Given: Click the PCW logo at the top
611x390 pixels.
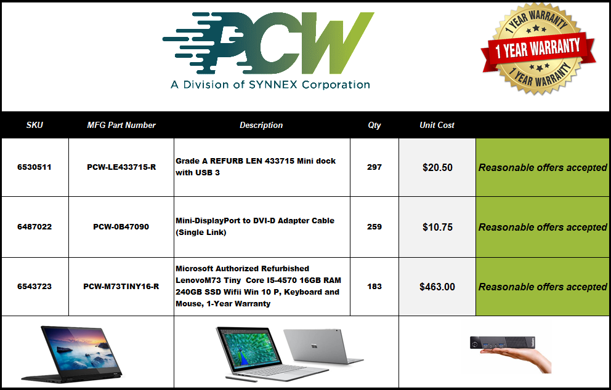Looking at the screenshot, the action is tap(268, 43).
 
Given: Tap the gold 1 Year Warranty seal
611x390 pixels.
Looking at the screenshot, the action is tap(538, 48).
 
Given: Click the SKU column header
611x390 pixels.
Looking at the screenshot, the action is tap(34, 125).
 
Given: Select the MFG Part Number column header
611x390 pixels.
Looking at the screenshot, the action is tap(121, 125).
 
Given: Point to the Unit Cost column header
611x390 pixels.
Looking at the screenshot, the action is tap(437, 125).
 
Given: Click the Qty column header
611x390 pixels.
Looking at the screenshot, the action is tap(374, 125).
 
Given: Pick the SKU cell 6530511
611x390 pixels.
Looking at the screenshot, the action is tap(34, 167).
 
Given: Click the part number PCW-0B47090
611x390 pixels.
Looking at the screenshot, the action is tap(121, 226).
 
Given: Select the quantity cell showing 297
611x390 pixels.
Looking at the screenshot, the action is tap(374, 167).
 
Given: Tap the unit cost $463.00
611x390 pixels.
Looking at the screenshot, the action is tap(437, 287).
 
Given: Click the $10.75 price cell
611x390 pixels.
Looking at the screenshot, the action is tap(437, 227).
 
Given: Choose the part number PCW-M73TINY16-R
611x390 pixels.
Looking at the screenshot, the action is tap(121, 287).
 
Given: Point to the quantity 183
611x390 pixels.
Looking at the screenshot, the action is tap(374, 287).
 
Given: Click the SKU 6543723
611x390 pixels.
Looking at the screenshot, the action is tap(34, 287).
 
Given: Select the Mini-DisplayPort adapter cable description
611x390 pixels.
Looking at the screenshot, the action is tap(255, 226).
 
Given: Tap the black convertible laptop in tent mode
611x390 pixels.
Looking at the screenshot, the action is tap(71, 354).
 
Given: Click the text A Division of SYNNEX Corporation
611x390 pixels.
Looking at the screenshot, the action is tap(270, 84).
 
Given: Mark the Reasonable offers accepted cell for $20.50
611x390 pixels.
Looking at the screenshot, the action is tap(543, 167).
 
